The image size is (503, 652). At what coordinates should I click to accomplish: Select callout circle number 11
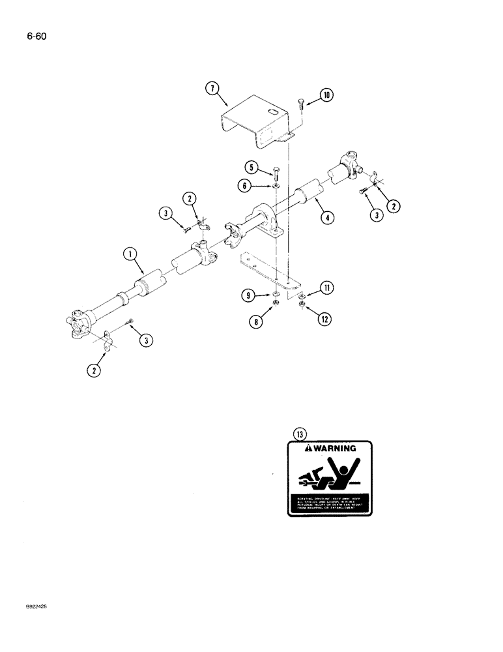coord(326,286)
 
